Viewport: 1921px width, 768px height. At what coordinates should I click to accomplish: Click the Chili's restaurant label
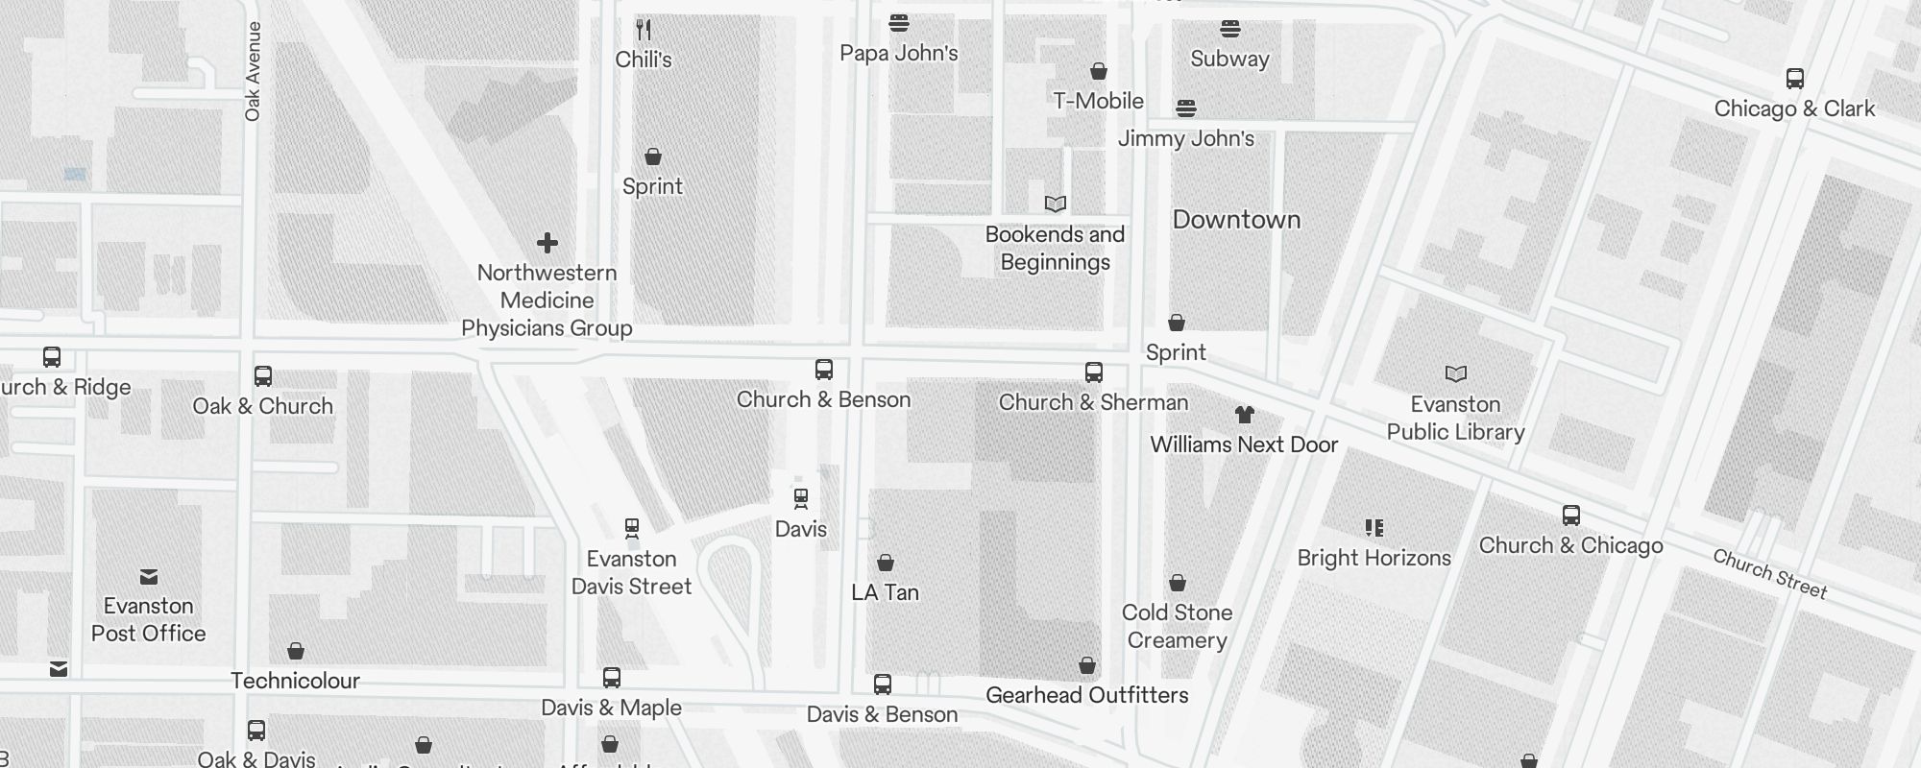coord(643,60)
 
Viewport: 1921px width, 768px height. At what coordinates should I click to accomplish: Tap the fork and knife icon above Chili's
coord(644,30)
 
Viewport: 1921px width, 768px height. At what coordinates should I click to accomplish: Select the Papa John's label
coord(898,53)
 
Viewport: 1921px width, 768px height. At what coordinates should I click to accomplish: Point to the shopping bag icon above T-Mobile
coord(1099,71)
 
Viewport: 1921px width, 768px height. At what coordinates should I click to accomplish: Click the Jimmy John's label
coord(1185,138)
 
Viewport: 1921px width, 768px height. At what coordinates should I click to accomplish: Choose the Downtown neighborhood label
coord(1236,220)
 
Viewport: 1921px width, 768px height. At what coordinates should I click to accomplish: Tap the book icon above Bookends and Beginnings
coord(1055,204)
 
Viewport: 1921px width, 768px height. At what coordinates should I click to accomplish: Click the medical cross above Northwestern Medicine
coord(547,243)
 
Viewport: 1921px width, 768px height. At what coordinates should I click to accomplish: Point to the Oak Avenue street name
coord(253,72)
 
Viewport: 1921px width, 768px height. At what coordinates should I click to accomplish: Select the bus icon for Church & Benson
coord(823,370)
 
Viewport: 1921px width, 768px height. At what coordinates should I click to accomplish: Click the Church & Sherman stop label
coord(1093,402)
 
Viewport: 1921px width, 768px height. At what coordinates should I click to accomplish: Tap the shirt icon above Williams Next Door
coord(1244,415)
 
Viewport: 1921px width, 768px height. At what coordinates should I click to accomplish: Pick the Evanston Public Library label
coord(1455,418)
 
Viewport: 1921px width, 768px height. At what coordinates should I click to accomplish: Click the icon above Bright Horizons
coord(1374,528)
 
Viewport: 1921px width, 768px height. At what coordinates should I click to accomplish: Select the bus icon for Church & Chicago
coord(1570,516)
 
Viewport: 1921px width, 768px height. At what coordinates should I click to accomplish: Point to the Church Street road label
coord(1769,574)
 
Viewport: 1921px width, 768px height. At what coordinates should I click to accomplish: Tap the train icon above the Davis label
coord(800,498)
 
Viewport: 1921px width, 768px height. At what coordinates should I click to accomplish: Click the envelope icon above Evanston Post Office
coord(149,576)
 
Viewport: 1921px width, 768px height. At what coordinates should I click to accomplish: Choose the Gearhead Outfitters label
coord(1086,695)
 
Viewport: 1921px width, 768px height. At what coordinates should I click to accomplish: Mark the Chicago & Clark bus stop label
coord(1793,108)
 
